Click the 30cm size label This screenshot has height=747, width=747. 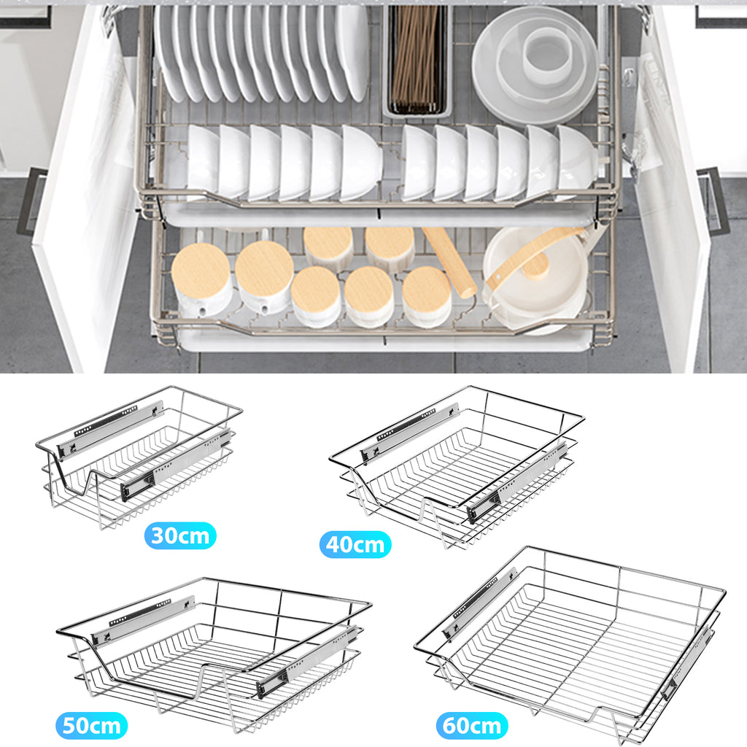[180, 535]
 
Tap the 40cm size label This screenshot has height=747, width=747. [355, 544]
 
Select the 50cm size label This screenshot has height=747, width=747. [91, 726]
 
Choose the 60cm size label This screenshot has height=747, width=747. [472, 726]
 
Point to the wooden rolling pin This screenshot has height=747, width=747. [449, 262]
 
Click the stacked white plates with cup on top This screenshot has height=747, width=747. [535, 65]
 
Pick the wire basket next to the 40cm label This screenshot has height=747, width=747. [457, 467]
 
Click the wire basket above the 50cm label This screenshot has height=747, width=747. [214, 655]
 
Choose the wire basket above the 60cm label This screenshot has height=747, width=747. [570, 646]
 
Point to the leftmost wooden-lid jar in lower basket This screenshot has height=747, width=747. [202, 279]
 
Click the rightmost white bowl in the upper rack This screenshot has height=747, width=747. [576, 161]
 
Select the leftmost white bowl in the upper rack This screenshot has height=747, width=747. [202, 161]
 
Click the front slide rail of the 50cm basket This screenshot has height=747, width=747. [308, 662]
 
